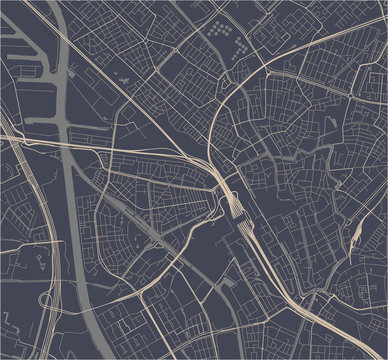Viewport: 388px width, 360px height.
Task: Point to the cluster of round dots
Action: (222, 35)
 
